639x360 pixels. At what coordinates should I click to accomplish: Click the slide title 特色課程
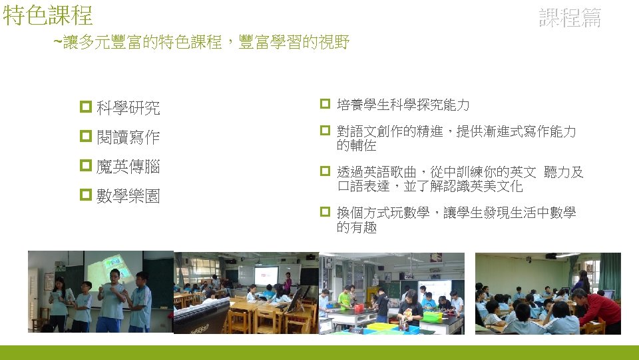click(48, 15)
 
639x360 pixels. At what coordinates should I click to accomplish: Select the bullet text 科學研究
click(128, 107)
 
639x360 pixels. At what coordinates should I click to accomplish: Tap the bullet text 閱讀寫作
click(128, 137)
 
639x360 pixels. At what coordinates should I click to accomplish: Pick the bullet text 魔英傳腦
click(128, 167)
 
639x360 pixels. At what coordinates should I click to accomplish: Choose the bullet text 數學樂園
click(128, 197)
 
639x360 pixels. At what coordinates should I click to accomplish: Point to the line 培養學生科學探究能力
click(403, 105)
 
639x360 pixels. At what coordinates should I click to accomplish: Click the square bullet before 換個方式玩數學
click(325, 213)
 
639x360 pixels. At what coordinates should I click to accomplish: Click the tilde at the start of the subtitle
click(57, 43)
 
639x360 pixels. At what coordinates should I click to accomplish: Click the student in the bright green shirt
click(344, 298)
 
